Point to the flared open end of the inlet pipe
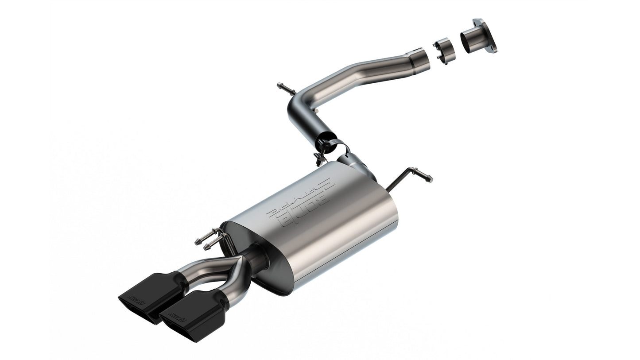(x=419, y=58)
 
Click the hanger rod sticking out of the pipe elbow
(x=286, y=89)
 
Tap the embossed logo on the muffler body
(x=299, y=204)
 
